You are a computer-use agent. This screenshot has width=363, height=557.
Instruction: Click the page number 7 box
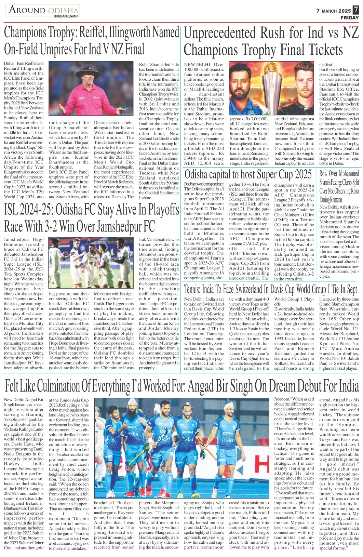click(356, 11)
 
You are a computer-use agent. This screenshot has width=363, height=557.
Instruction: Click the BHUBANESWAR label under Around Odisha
click(66, 16)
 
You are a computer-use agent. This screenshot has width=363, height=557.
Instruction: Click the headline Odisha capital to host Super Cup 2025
click(248, 174)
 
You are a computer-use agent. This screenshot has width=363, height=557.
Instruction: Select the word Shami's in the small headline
click(329, 182)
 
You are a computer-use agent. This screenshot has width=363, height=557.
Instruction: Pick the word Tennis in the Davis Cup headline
click(192, 290)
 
